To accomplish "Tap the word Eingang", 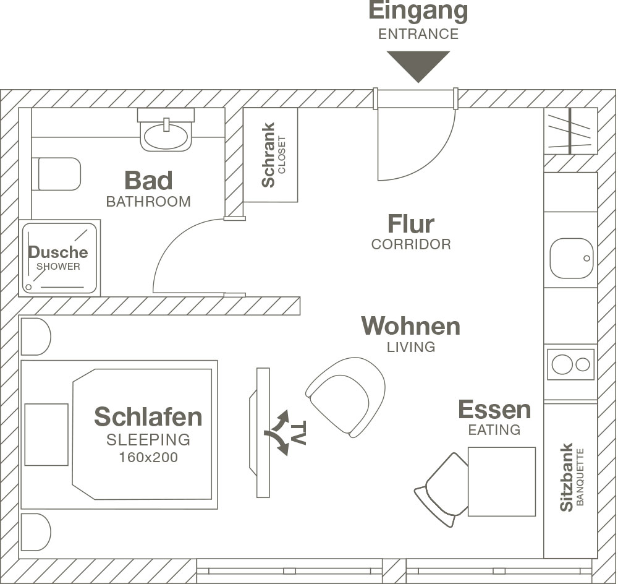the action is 418,11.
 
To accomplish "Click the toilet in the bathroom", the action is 56,174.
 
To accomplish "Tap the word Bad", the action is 148,180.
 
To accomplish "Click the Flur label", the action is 411,224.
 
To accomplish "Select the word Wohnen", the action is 411,326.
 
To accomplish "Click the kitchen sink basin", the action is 572,258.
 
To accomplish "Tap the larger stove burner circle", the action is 562,364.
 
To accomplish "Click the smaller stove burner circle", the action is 583,364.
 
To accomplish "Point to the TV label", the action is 298,432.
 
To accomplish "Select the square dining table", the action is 502,481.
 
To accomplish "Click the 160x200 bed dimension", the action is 148,457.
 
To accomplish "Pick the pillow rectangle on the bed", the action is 46,434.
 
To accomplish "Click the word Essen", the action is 494,410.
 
